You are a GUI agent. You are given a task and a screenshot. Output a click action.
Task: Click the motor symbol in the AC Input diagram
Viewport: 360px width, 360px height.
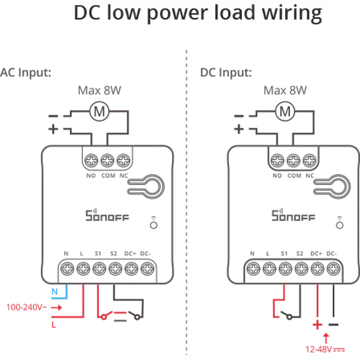point(99,112)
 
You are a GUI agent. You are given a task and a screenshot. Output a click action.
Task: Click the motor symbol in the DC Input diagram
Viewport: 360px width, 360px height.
point(285,112)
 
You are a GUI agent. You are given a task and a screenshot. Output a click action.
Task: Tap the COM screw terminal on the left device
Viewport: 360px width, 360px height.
point(107,161)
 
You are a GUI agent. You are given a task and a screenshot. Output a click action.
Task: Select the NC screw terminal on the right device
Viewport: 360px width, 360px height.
point(310,161)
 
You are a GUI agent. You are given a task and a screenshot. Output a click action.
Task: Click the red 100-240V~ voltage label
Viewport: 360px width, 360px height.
point(27,307)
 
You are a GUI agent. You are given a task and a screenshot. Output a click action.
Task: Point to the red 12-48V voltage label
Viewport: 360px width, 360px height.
point(325,349)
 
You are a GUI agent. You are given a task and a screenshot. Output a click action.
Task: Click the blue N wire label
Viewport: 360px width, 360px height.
point(55,292)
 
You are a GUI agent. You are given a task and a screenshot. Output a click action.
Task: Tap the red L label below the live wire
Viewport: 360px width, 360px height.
point(53,325)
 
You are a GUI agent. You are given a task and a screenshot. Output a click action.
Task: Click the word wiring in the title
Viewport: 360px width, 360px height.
point(292,13)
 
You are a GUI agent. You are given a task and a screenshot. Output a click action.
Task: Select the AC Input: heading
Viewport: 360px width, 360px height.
point(25,72)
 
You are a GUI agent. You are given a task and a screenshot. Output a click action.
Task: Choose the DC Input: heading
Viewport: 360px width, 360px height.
point(226,72)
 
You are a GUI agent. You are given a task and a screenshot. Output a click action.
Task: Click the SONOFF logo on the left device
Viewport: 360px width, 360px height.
point(107,215)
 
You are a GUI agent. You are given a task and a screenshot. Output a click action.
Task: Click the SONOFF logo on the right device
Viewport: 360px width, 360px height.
point(293,215)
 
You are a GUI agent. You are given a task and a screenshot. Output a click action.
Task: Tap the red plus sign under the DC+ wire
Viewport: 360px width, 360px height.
point(318,325)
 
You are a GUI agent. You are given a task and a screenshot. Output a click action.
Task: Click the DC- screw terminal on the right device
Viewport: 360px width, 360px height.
point(333,269)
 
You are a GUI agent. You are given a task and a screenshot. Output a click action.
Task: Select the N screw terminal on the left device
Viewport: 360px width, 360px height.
point(67,269)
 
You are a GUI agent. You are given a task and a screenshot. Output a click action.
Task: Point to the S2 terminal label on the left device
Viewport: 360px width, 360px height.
point(114,253)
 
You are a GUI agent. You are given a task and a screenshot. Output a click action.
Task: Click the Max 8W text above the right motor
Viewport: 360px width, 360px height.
point(285,91)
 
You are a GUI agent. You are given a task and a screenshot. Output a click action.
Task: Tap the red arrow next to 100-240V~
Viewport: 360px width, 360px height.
point(57,307)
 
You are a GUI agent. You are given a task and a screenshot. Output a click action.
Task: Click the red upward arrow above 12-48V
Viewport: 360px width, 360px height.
point(326,338)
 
